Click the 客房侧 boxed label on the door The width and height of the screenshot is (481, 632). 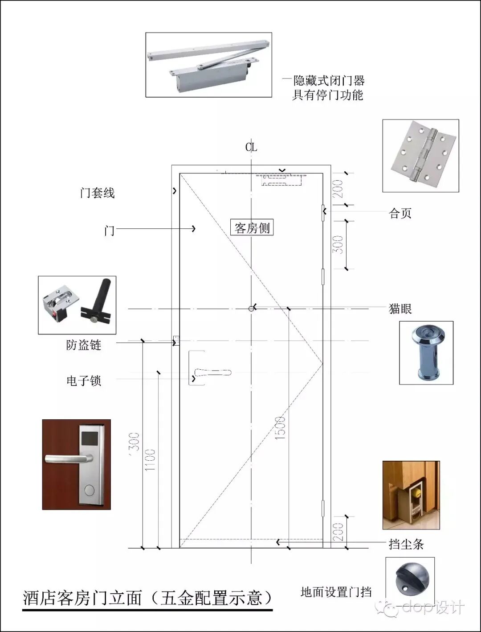[x=252, y=228]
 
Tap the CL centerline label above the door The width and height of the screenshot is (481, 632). [x=251, y=147]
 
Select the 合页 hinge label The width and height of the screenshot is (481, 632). [x=400, y=213]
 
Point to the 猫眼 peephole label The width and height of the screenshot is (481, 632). [x=400, y=308]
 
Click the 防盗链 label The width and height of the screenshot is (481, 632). [x=84, y=345]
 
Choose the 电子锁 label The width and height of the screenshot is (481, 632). [x=84, y=380]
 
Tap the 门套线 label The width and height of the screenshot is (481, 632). [x=97, y=193]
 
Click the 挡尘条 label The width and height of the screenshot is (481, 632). [x=406, y=544]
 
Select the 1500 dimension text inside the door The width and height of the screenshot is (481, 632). [x=280, y=429]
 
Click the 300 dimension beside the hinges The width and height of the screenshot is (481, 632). [x=339, y=245]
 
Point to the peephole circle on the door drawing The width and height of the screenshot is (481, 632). [x=252, y=308]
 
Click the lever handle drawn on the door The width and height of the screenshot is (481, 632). [x=213, y=372]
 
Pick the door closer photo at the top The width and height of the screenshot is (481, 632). [x=208, y=64]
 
